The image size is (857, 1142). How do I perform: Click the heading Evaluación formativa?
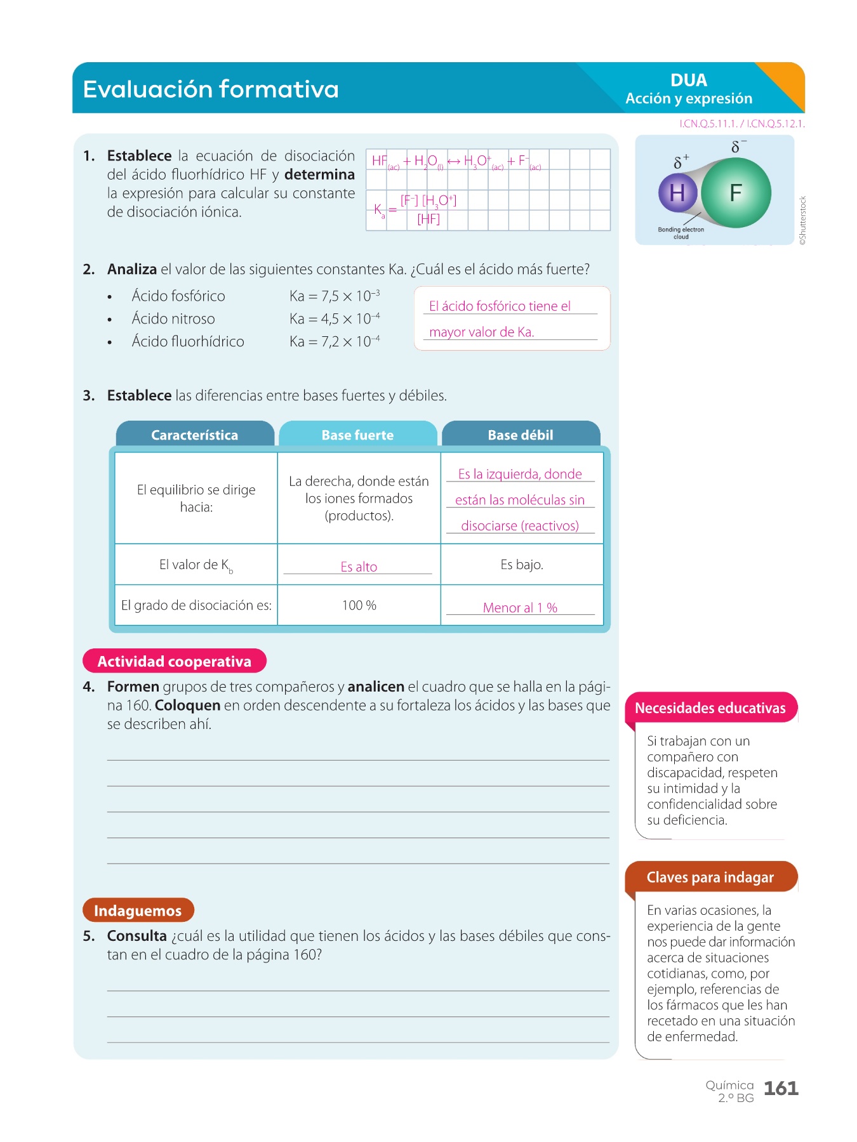pos(211,89)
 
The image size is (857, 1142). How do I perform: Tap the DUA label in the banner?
pos(689,81)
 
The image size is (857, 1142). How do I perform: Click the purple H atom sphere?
pos(677,193)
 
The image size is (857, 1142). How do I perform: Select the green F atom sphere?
pos(736,192)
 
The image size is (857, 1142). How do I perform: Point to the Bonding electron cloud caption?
pos(681,233)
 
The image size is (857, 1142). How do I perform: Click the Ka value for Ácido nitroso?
pos(335,318)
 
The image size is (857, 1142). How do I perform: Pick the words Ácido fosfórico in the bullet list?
pos(178,296)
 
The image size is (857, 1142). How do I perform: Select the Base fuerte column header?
pos(357,435)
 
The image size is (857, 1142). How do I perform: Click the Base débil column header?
pos(521,435)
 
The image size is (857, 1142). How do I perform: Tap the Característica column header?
pos(195,435)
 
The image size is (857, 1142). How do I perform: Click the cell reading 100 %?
pos(359,605)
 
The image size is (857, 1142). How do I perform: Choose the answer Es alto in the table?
pos(359,567)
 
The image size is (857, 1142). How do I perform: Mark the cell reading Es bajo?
pos(522,565)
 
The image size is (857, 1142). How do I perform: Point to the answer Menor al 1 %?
pos(520,608)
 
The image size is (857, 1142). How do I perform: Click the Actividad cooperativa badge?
pos(175,661)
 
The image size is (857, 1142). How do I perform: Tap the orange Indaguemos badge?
pos(138,910)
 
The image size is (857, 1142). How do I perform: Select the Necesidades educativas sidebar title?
pos(710,708)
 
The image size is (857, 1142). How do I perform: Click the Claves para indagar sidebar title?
pos(710,877)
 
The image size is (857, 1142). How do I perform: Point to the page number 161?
pos(781,1089)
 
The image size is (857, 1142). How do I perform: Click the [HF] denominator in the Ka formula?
pos(428,220)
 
